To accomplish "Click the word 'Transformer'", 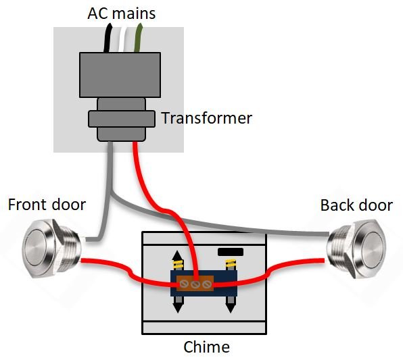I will point(206,119).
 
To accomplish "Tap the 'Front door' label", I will point(47,204).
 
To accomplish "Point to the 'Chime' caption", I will point(207,348).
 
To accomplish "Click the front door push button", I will point(45,248).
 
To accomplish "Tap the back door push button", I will point(358,248).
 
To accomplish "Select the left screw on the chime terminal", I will point(183,285).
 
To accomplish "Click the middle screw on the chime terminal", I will point(195,285).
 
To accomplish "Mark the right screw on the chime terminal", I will point(208,285).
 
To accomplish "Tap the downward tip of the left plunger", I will point(178,308).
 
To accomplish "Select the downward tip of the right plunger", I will point(230,308).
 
